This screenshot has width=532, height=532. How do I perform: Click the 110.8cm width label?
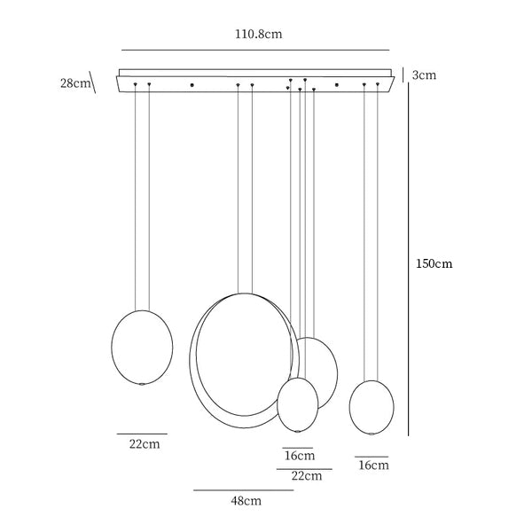point(259,35)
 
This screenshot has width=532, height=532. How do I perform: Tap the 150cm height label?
point(434,263)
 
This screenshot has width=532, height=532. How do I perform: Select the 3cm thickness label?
point(424,75)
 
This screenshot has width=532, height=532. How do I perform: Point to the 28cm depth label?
point(75,83)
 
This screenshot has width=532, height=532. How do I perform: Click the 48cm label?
point(246,501)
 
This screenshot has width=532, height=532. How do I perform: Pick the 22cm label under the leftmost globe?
point(145,444)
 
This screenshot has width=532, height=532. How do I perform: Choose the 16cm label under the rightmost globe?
point(373,465)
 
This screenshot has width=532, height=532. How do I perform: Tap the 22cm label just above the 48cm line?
point(307,476)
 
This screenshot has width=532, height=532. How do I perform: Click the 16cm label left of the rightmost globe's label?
point(300,456)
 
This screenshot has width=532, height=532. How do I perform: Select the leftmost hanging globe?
point(142,348)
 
